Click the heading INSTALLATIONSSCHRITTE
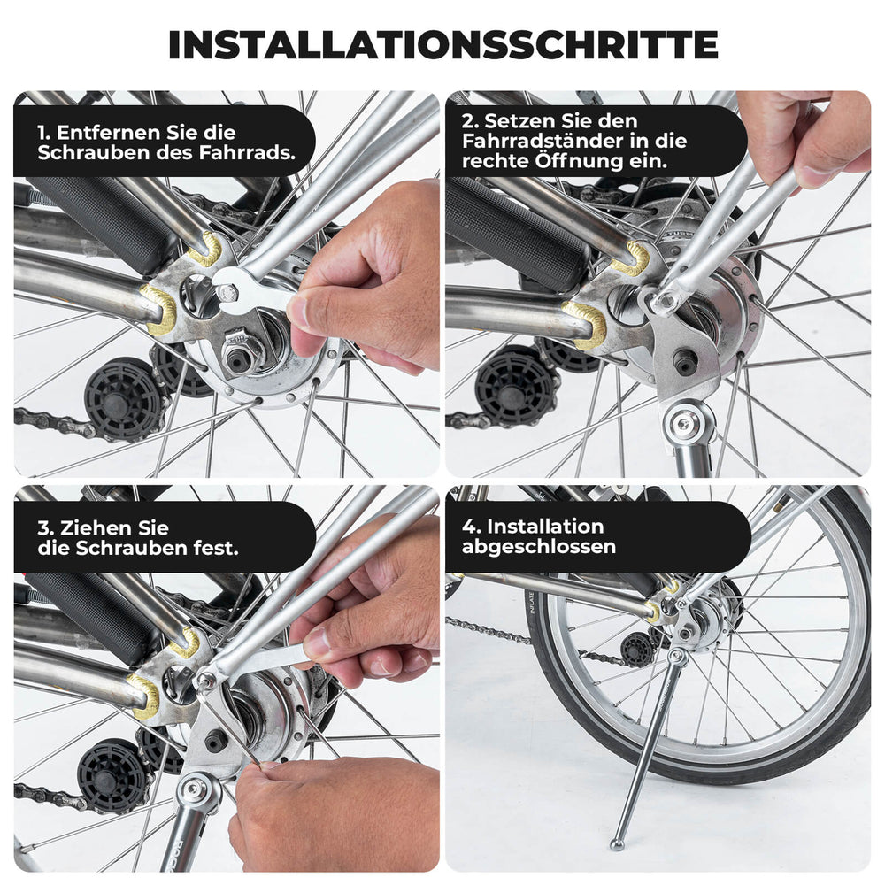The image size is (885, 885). click(442, 44)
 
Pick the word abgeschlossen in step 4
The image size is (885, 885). click(539, 546)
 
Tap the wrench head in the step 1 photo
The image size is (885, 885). click(229, 288)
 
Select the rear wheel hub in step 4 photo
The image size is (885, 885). click(704, 619)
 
